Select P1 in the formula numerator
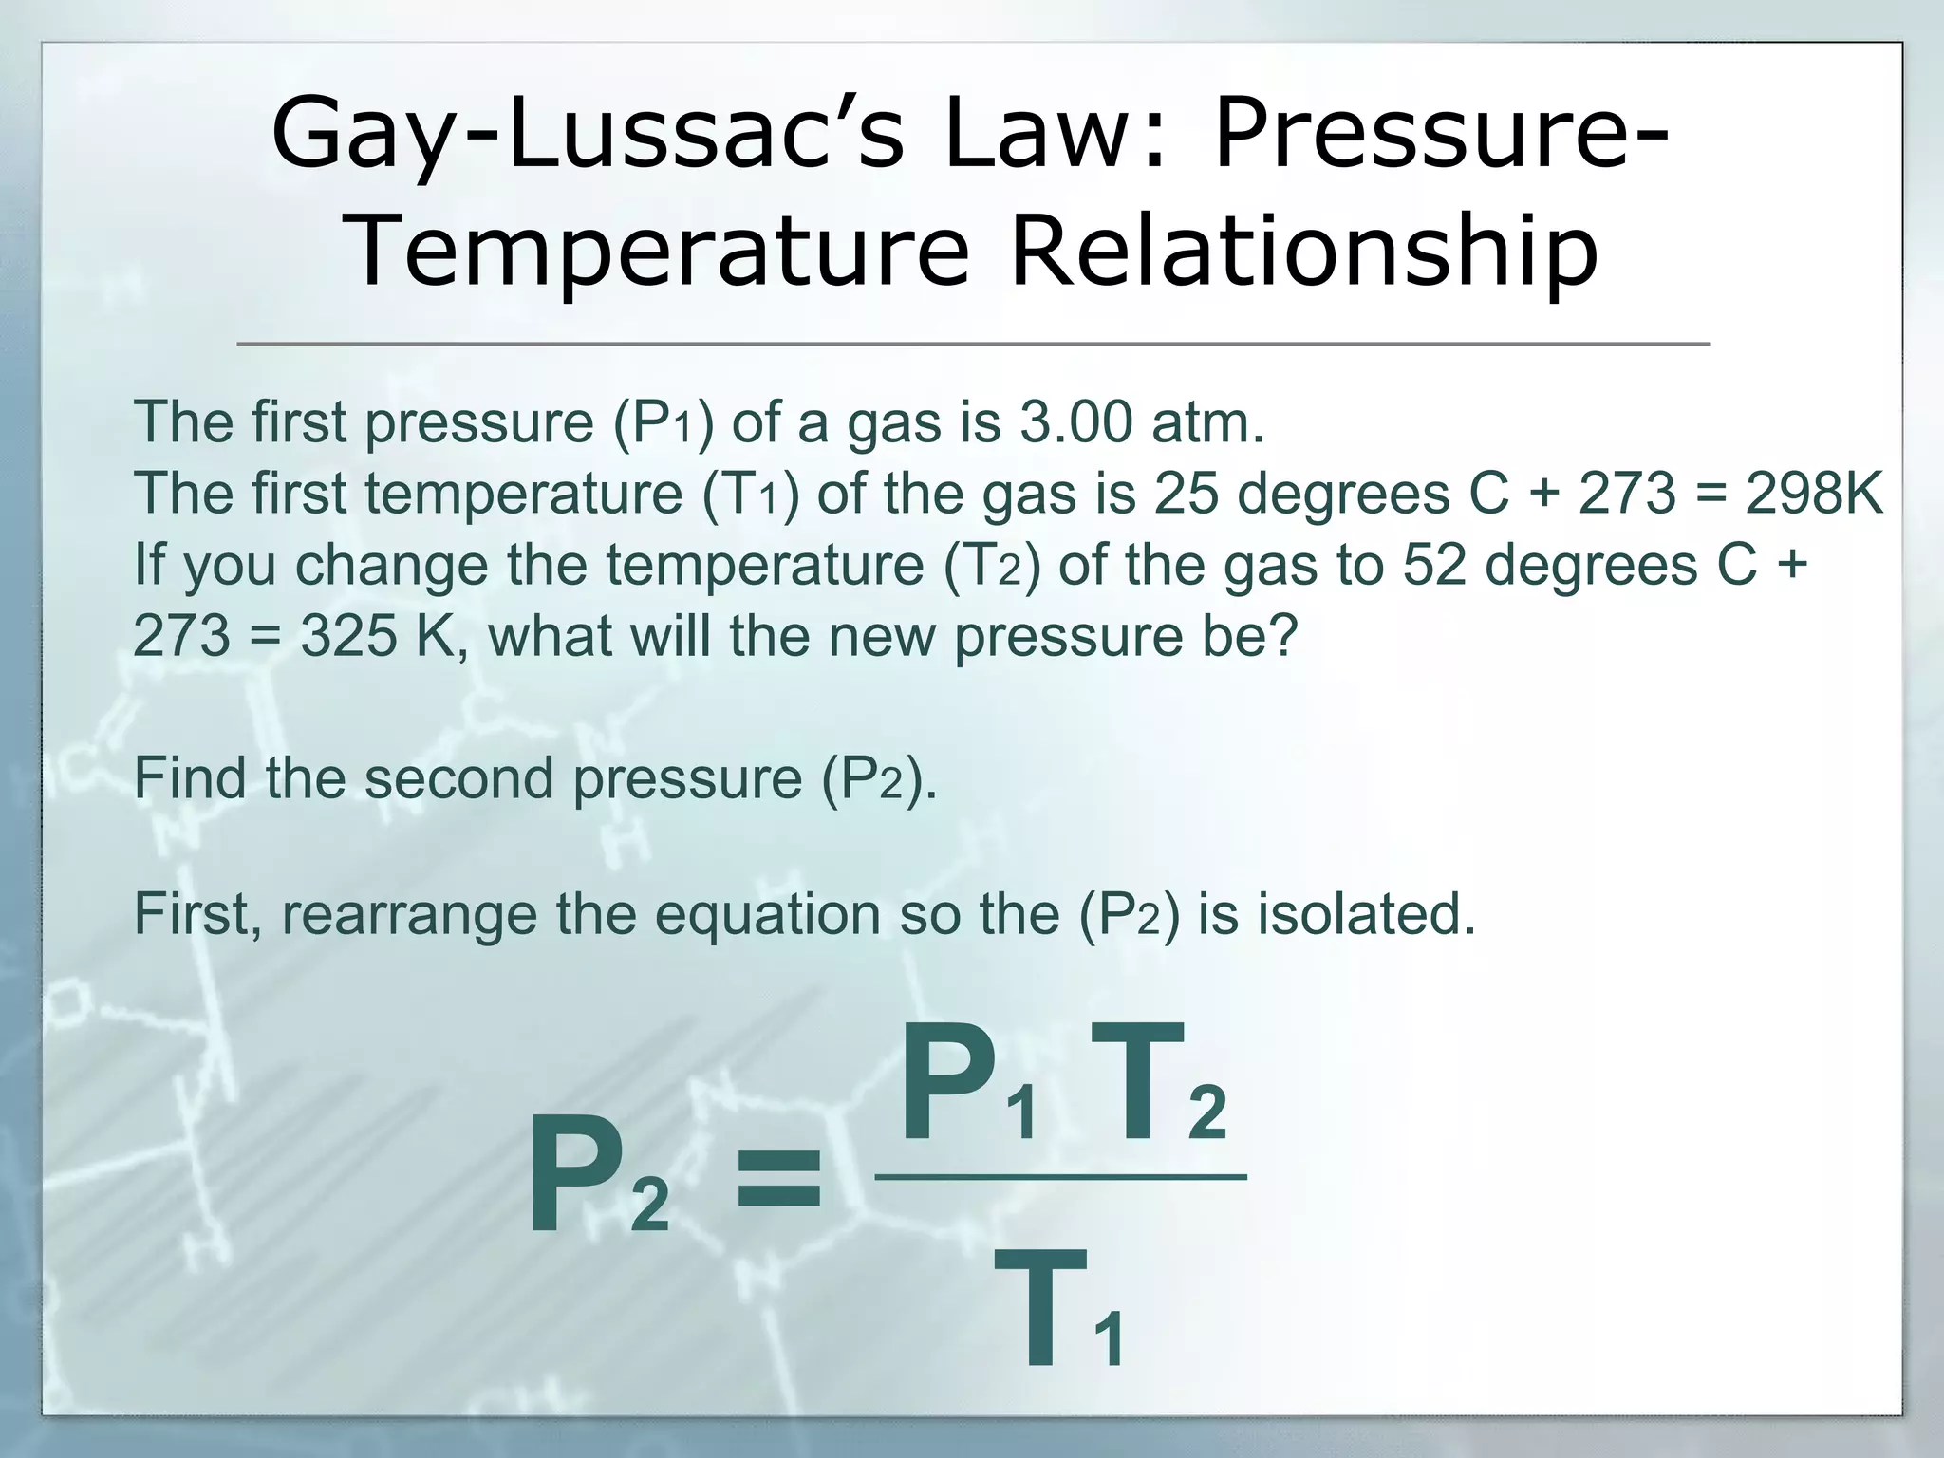coord(968,1087)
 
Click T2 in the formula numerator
coord(1158,1087)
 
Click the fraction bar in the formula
coord(1060,1178)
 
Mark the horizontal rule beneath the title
coord(973,344)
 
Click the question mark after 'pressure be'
coord(1282,635)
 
